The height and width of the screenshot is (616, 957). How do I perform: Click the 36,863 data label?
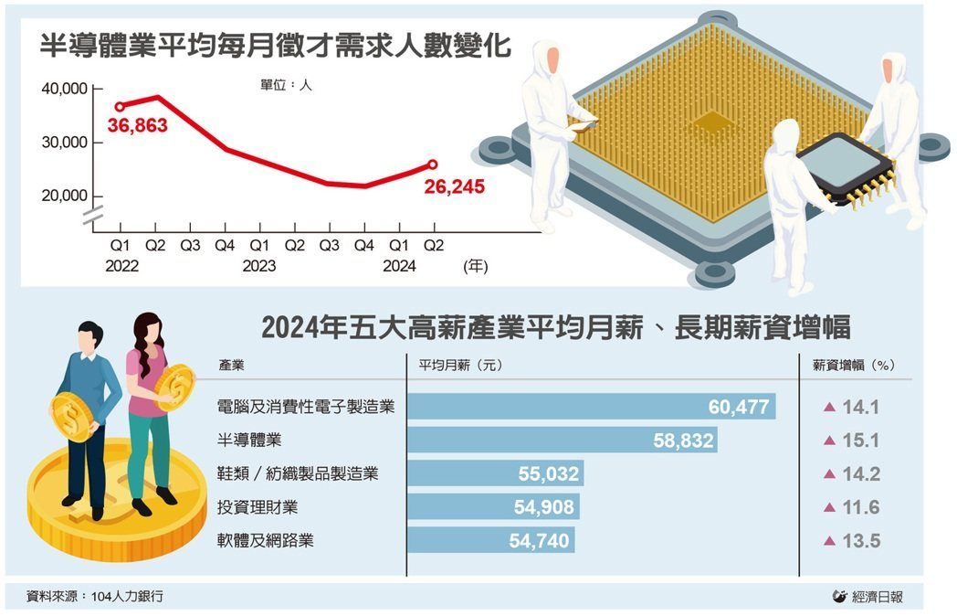[x=137, y=125]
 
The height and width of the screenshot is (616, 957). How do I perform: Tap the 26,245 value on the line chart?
[x=454, y=186]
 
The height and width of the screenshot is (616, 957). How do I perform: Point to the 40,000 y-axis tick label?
[x=65, y=89]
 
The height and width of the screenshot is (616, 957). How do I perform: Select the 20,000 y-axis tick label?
[x=65, y=196]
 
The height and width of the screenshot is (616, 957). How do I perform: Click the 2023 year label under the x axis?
[x=258, y=266]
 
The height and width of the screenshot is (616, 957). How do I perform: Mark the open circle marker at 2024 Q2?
[x=432, y=165]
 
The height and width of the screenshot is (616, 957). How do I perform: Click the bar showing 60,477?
[x=592, y=407]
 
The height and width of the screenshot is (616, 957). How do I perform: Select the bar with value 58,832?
[x=563, y=440]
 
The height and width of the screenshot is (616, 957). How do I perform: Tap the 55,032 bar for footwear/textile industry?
[x=496, y=473]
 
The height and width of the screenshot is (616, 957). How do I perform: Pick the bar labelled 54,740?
[x=490, y=540]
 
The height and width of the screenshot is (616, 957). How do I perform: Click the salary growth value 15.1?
[x=860, y=440]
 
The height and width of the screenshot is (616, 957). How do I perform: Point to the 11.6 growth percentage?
[x=860, y=507]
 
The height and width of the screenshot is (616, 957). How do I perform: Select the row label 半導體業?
[x=249, y=440]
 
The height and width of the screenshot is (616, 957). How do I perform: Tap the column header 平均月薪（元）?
[x=461, y=366]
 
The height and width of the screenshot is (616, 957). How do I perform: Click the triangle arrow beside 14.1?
[x=829, y=407]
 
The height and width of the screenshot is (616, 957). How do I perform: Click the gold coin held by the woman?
[x=175, y=387]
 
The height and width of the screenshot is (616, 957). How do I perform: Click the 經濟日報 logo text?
[x=877, y=597]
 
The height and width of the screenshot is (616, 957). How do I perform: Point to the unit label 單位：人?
[x=286, y=85]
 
